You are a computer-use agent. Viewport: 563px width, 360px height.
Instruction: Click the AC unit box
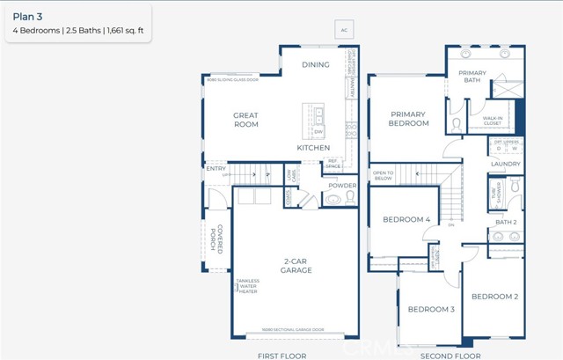tap(344, 30)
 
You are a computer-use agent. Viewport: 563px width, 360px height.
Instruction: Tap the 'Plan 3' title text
tap(27, 15)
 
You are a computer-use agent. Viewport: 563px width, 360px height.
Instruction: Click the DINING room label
tap(316, 64)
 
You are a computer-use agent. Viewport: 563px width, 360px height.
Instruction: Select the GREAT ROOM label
tap(245, 120)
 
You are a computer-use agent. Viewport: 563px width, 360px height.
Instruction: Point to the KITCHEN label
tap(312, 148)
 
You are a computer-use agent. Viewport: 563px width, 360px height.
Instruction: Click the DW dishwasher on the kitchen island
tap(319, 132)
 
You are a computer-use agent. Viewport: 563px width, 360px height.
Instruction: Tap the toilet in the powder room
tap(333, 200)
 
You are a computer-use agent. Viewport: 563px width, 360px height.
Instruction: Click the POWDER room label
tap(342, 186)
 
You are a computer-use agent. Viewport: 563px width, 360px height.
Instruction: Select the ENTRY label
tap(216, 168)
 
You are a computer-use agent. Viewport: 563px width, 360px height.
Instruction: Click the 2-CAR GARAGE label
tap(295, 266)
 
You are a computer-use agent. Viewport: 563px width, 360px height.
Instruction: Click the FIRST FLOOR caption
tap(280, 355)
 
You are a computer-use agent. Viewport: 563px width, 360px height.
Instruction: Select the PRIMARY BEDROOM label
tap(407, 119)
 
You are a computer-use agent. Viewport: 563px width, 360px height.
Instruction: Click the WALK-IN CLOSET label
tap(493, 121)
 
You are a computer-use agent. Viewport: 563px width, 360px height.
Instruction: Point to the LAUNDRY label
tap(505, 164)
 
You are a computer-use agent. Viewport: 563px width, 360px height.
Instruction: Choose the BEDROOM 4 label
tap(406, 219)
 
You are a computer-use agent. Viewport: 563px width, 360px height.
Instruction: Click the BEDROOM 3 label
tap(430, 309)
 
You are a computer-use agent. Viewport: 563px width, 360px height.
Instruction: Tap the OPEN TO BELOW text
tap(384, 175)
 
